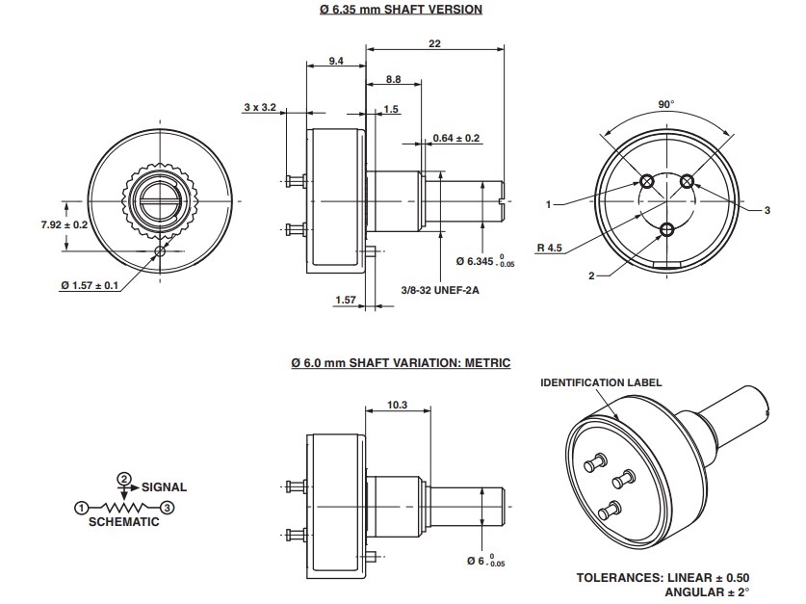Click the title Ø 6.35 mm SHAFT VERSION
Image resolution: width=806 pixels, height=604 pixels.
tap(401, 10)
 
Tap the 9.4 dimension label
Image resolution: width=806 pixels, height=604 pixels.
tap(335, 61)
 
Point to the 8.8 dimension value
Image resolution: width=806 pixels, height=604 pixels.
tap(393, 78)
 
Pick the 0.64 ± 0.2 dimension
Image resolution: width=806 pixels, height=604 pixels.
tap(456, 138)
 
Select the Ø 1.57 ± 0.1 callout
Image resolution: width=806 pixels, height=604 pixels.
tap(90, 285)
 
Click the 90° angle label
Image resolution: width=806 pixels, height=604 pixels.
tap(665, 104)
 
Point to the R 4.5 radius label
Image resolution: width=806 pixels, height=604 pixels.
tap(550, 248)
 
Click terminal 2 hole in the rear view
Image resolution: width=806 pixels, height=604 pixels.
tap(666, 228)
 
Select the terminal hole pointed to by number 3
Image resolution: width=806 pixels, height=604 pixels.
tap(687, 181)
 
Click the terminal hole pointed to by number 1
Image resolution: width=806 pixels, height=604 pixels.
tap(646, 181)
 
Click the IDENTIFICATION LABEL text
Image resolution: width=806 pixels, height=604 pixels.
tap(601, 382)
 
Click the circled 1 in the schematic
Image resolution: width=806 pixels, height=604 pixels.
tap(82, 507)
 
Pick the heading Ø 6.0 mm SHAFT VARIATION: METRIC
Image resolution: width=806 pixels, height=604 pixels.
tap(401, 363)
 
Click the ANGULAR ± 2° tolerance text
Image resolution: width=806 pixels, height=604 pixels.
tap(707, 591)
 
